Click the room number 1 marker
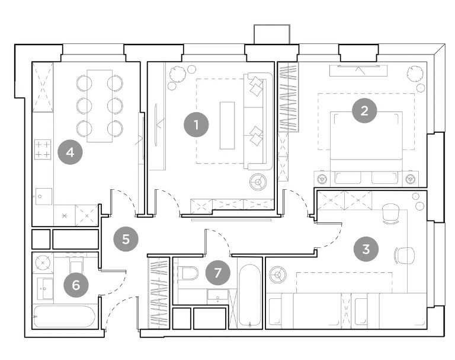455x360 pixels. point(197,125)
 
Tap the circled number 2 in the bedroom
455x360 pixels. point(364,111)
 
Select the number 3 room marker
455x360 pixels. point(366,249)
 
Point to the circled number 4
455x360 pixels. point(71,152)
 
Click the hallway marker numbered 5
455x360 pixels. point(126,240)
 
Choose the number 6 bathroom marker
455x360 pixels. point(76,285)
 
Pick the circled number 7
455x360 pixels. point(217,273)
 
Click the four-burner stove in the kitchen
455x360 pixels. point(43,149)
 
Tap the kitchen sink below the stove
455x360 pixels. point(44,196)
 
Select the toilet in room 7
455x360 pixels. point(189,273)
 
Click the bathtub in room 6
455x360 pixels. point(64,316)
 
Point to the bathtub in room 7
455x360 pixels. point(249,296)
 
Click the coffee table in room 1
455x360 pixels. point(227,126)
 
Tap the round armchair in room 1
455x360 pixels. point(258,182)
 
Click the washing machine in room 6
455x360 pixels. point(43,263)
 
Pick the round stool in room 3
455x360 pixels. point(277,275)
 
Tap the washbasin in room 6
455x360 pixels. point(45,289)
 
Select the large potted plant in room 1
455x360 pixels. point(177,74)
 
